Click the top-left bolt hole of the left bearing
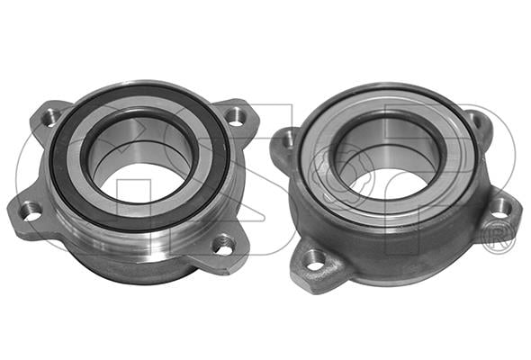click(x=51, y=118)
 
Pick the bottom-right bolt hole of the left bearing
click(x=222, y=244)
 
